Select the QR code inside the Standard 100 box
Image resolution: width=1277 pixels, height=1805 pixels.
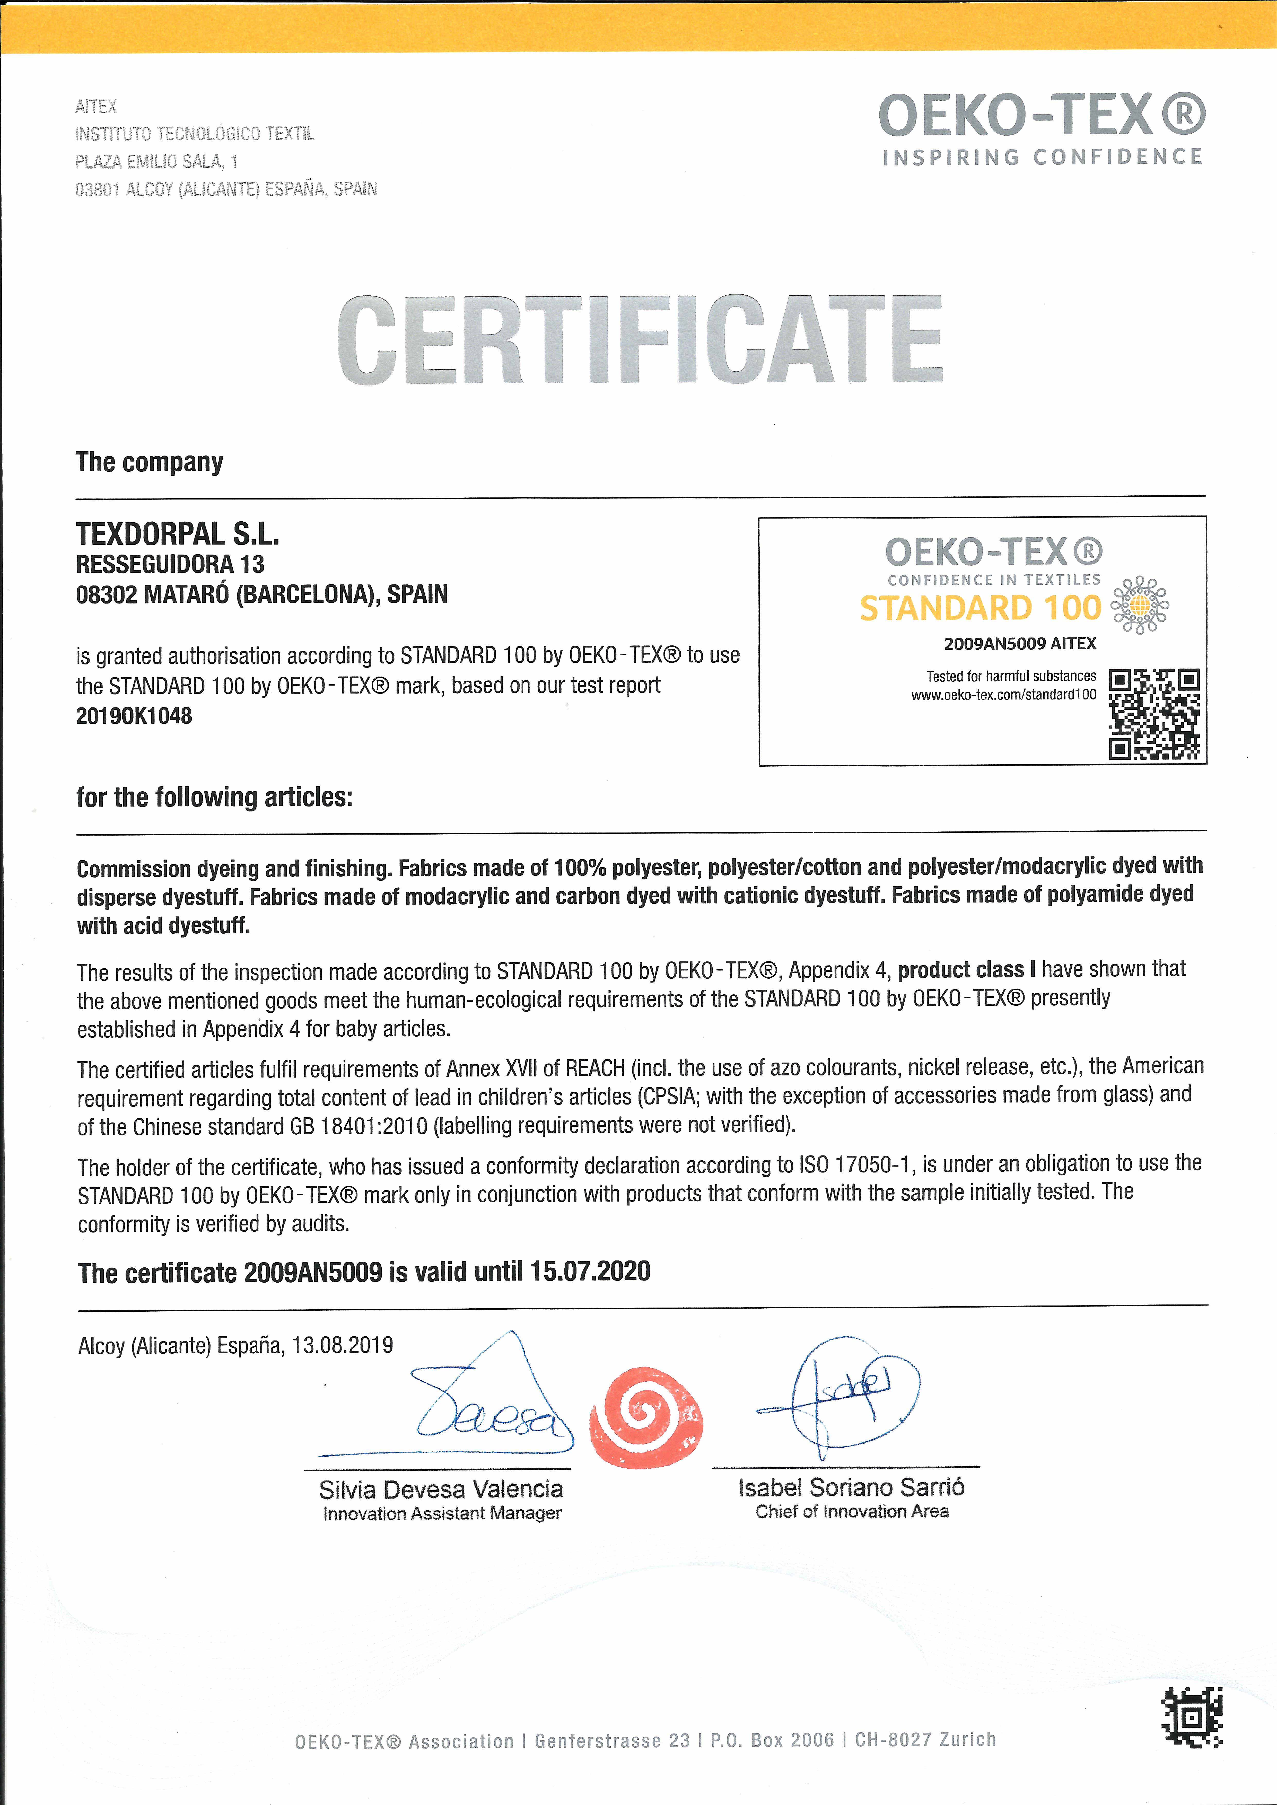pos(1153,714)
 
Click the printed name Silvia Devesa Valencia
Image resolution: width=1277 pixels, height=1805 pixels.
pos(441,1489)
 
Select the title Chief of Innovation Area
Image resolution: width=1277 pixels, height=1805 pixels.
pos(852,1511)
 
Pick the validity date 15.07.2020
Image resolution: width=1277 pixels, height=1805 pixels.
pos(590,1271)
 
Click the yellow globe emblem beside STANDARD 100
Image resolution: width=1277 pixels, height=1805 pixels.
pos(1139,605)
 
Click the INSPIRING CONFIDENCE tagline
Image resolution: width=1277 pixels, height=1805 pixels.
pos(1042,157)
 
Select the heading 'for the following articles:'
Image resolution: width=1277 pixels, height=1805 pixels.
pos(214,797)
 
